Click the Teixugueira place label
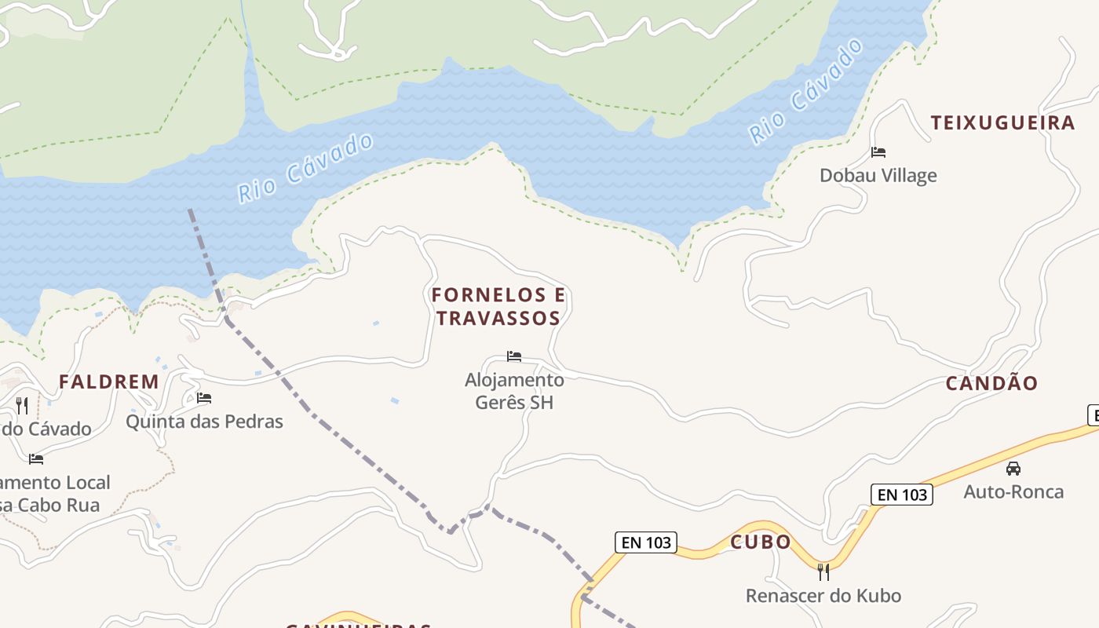point(1002,122)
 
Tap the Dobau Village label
point(878,175)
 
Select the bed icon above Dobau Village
point(878,152)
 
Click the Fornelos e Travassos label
point(498,306)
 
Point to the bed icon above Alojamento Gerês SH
point(514,356)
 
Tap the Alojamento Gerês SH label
point(514,391)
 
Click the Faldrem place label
point(109,382)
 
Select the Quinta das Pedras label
point(204,422)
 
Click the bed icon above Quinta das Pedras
point(204,398)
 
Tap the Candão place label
point(991,383)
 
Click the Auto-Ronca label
point(1013,492)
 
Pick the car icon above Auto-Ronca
point(1013,469)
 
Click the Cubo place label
point(761,542)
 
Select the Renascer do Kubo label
point(823,596)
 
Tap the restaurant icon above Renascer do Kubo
point(823,571)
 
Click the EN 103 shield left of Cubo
point(645,542)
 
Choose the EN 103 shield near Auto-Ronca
point(901,495)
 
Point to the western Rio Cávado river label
point(305,169)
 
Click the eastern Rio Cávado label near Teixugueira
point(805,93)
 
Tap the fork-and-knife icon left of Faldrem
point(22,405)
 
